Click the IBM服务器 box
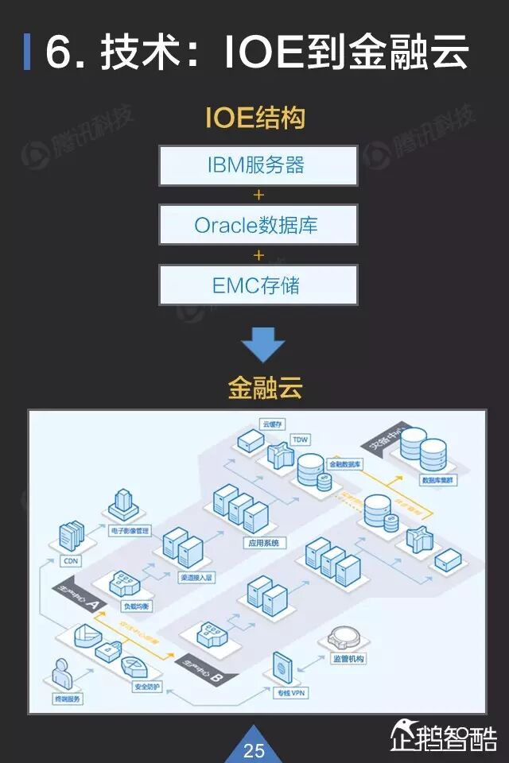coord(258,165)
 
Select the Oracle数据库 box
coord(258,224)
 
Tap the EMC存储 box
coord(258,285)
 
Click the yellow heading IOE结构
coord(255,118)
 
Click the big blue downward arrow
coord(262,344)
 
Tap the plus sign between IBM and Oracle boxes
coord(258,195)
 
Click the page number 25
coord(254,749)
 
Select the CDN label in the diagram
coord(72,561)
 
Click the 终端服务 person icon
coord(62,674)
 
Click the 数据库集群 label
coord(438,481)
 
